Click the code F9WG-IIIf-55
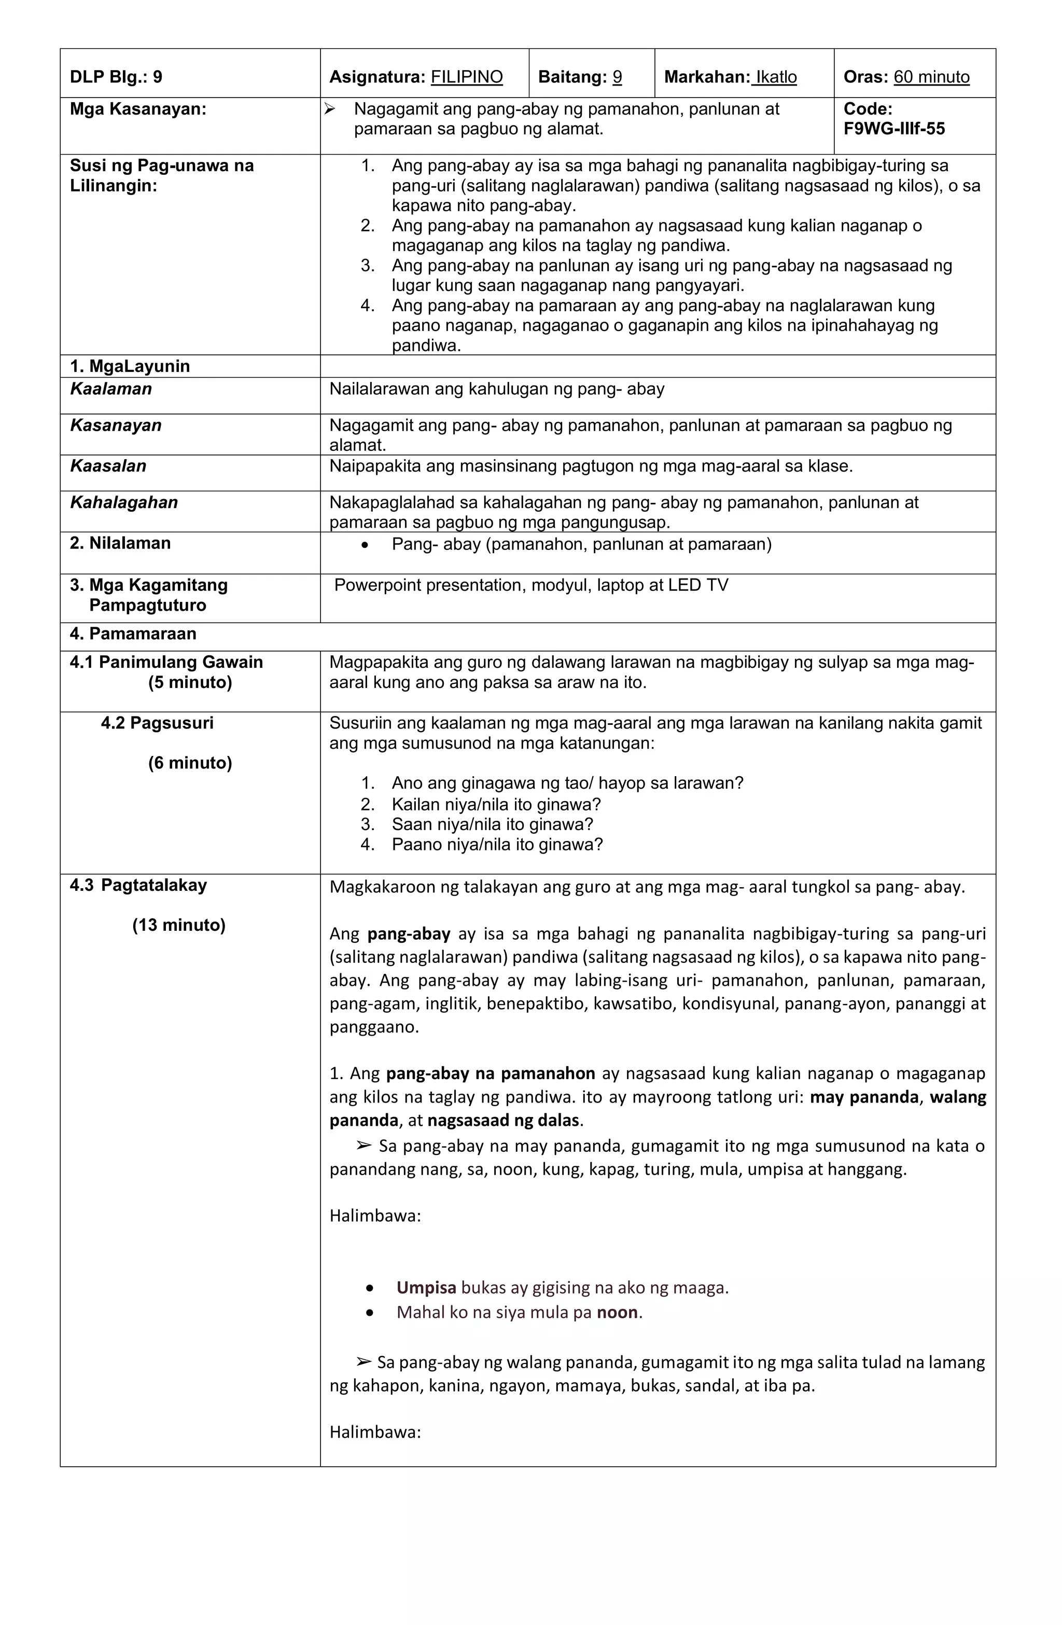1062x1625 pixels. coord(893,129)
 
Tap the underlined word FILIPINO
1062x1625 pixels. coord(466,77)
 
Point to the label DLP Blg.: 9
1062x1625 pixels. coord(116,77)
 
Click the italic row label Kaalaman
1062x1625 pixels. coord(110,389)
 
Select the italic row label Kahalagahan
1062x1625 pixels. coord(123,503)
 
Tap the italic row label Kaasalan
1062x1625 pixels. coord(108,466)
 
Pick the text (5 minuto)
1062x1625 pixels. coord(190,683)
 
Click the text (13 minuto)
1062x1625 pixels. coord(178,925)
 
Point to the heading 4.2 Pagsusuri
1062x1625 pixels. coord(157,723)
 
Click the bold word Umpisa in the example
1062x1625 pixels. coord(426,1288)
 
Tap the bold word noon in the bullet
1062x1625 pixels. coord(617,1312)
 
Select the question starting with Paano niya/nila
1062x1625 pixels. coord(497,845)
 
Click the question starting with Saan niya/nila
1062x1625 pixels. coord(492,825)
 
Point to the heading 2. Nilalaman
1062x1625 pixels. coord(120,544)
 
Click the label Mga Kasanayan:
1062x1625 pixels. coord(138,109)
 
